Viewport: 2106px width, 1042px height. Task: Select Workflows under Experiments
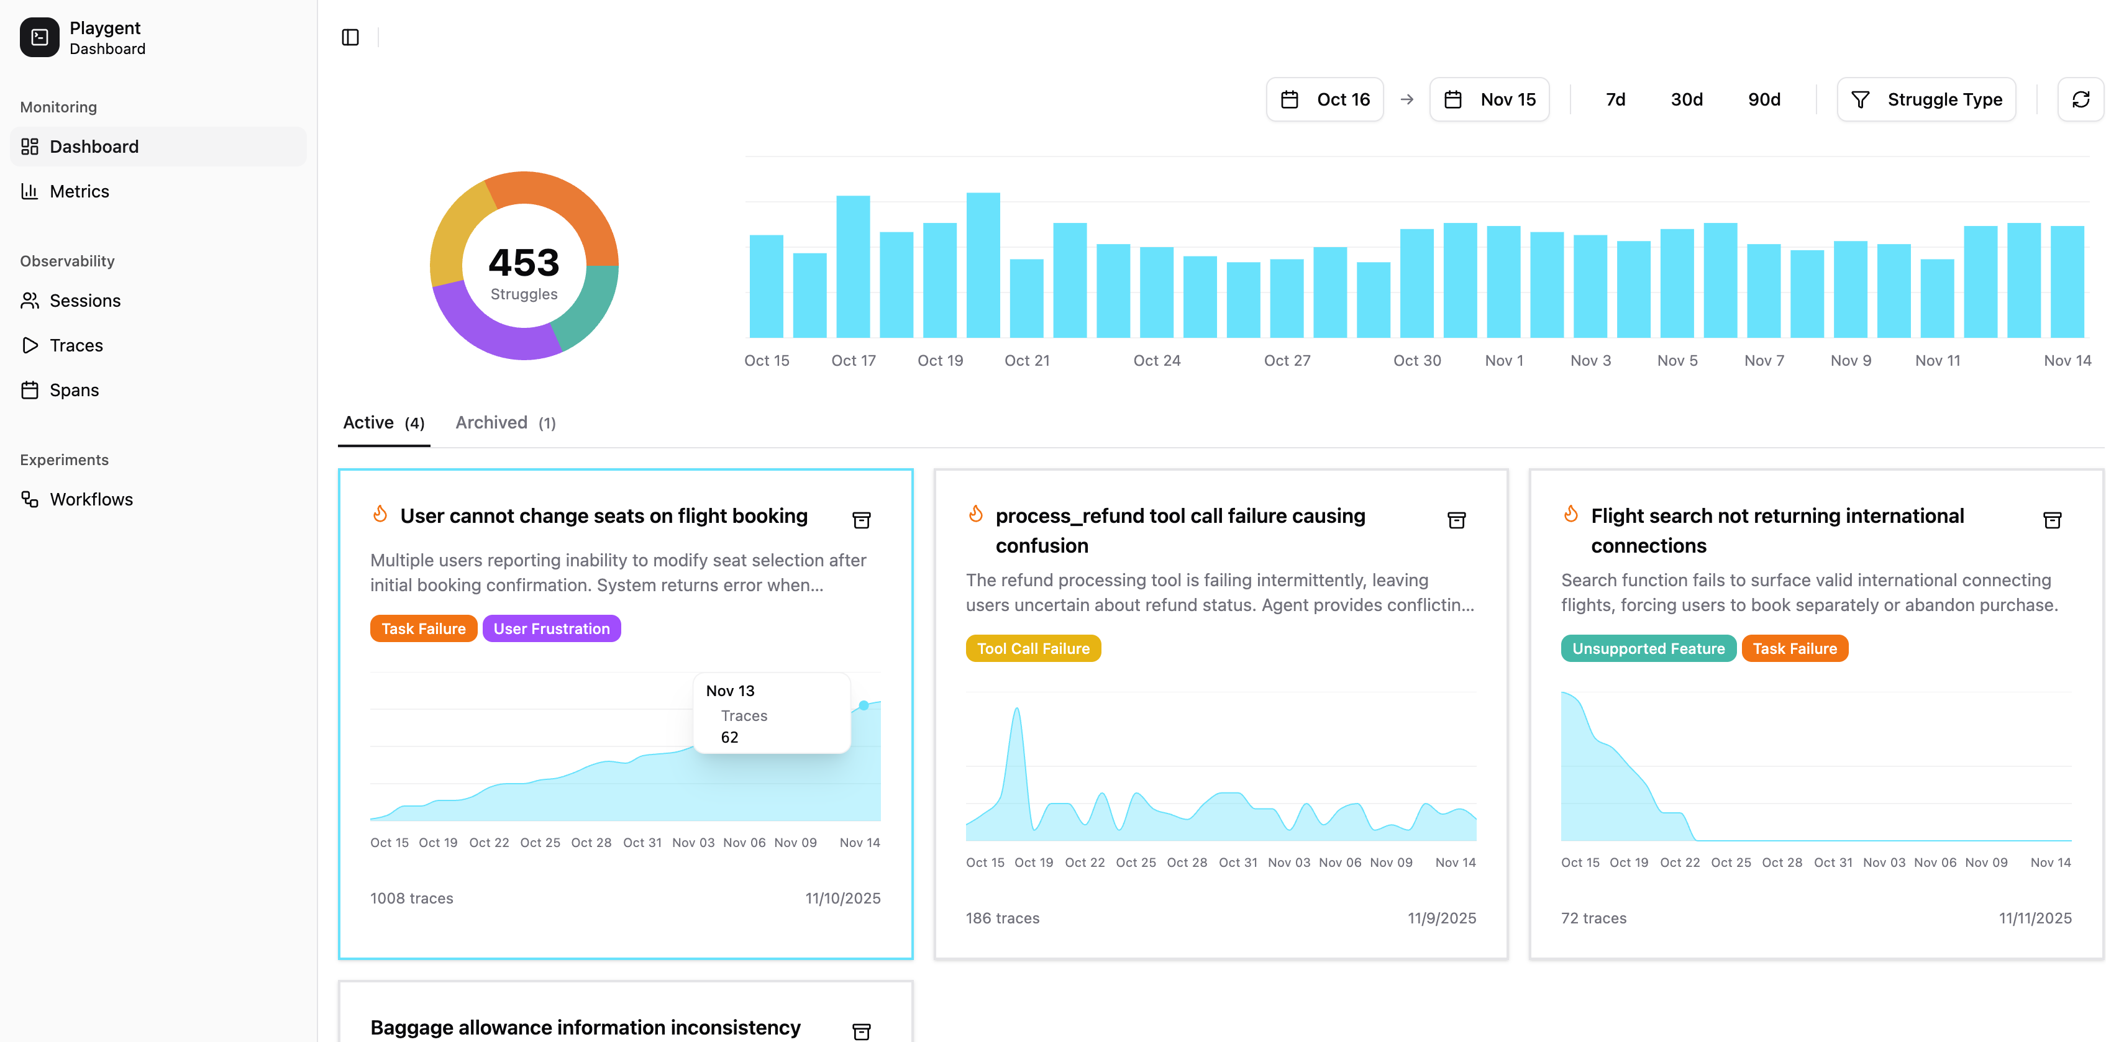coord(90,499)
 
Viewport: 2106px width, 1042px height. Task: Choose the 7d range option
coord(1615,100)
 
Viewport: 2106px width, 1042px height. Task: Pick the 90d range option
coord(1764,100)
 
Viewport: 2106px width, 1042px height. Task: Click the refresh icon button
coord(2080,100)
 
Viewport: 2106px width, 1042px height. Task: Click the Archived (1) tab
coord(505,422)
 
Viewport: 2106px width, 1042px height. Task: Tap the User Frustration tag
coord(551,628)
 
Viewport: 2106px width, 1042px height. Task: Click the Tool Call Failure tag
coord(1032,648)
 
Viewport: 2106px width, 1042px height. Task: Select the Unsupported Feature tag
coord(1648,648)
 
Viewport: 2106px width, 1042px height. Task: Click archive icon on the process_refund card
coord(1456,520)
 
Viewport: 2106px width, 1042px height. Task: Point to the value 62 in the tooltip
coord(729,737)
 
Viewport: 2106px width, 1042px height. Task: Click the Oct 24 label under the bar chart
coord(1156,360)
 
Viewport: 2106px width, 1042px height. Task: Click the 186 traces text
coord(1002,918)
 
